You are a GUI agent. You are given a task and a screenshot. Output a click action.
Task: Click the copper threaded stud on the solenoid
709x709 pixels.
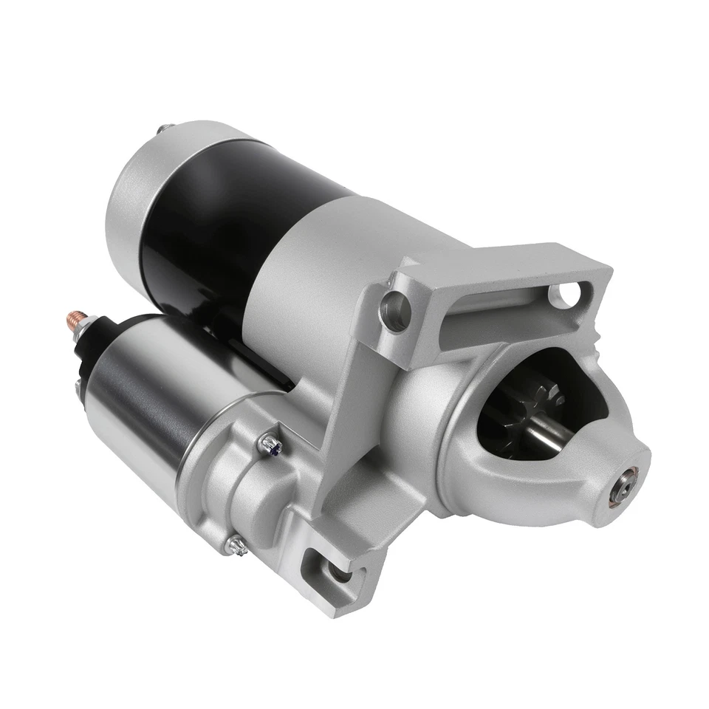pyautogui.click(x=75, y=320)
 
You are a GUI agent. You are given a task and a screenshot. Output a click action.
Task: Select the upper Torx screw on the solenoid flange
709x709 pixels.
pyautogui.click(x=271, y=443)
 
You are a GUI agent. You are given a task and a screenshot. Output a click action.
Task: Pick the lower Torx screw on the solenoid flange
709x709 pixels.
pyautogui.click(x=237, y=545)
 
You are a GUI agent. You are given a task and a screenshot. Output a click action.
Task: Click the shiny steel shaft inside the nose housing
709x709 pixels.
pyautogui.click(x=550, y=436)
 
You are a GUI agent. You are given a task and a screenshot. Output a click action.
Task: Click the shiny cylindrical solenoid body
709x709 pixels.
pyautogui.click(x=140, y=399)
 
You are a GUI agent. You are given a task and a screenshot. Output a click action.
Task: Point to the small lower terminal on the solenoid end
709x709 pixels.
pyautogui.click(x=78, y=386)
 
